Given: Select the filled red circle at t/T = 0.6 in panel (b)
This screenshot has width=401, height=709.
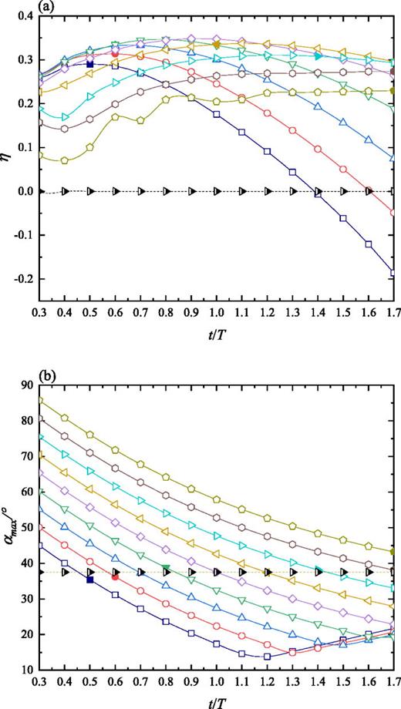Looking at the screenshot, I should (x=115, y=576).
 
